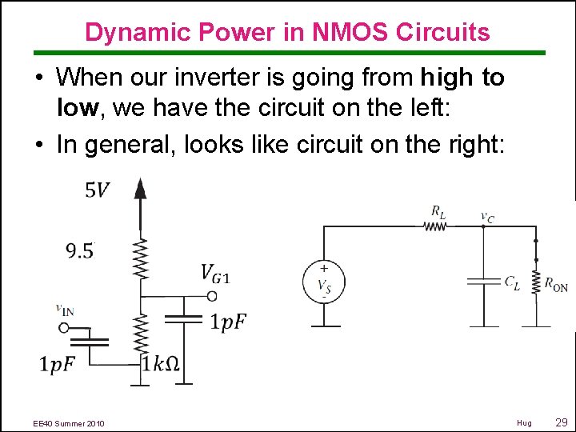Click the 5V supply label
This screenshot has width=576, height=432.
coord(98,190)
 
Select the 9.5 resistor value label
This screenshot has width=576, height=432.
coord(79,251)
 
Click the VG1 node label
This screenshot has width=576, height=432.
coord(214,274)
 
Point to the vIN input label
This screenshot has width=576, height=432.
coord(65,310)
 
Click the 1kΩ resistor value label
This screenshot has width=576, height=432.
coord(160,364)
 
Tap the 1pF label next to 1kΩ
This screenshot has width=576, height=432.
coord(58,364)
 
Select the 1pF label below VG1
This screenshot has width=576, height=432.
coord(228,322)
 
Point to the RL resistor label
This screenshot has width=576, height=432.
coord(438,212)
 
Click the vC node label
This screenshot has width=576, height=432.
coord(486,216)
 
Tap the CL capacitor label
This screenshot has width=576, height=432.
coord(511,282)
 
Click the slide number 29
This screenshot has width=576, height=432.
coord(560,422)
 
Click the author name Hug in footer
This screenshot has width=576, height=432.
coord(524,422)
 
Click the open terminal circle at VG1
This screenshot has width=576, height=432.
coord(211,296)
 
